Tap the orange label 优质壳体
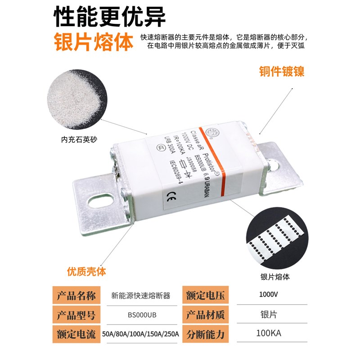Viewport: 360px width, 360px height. pyautogui.click(x=86, y=272)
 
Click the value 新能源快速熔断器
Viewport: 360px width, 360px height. pyautogui.click(x=141, y=296)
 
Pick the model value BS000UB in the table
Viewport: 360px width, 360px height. pyautogui.click(x=141, y=315)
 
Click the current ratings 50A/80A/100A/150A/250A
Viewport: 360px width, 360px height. pyautogui.click(x=141, y=334)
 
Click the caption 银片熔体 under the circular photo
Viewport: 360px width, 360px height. pyautogui.click(x=274, y=277)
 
